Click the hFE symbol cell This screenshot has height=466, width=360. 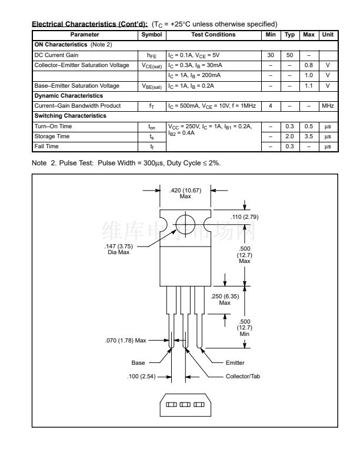(x=151, y=55)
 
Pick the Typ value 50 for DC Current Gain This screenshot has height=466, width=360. (x=289, y=55)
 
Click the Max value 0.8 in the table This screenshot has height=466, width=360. (x=308, y=65)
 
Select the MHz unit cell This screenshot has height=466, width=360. (x=328, y=106)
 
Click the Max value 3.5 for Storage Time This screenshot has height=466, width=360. (x=308, y=136)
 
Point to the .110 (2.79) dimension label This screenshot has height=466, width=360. (x=245, y=217)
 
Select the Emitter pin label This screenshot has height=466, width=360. (x=235, y=362)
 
